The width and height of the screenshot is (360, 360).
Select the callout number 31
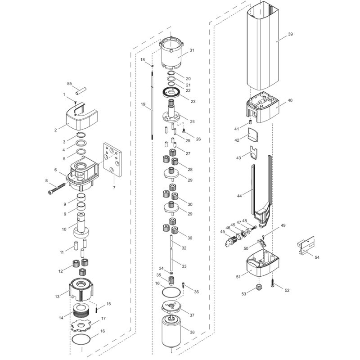[192, 50]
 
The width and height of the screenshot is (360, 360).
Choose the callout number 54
[317, 257]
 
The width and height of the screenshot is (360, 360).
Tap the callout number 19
[144, 104]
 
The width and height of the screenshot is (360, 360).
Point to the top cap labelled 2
[81, 117]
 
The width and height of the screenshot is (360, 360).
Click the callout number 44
[239, 196]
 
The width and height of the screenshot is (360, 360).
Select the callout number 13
[57, 297]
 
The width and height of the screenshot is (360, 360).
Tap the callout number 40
[290, 101]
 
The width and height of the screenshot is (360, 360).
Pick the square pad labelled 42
[255, 134]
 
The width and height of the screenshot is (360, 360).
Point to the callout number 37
[192, 315]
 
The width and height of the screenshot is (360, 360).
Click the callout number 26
[198, 139]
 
